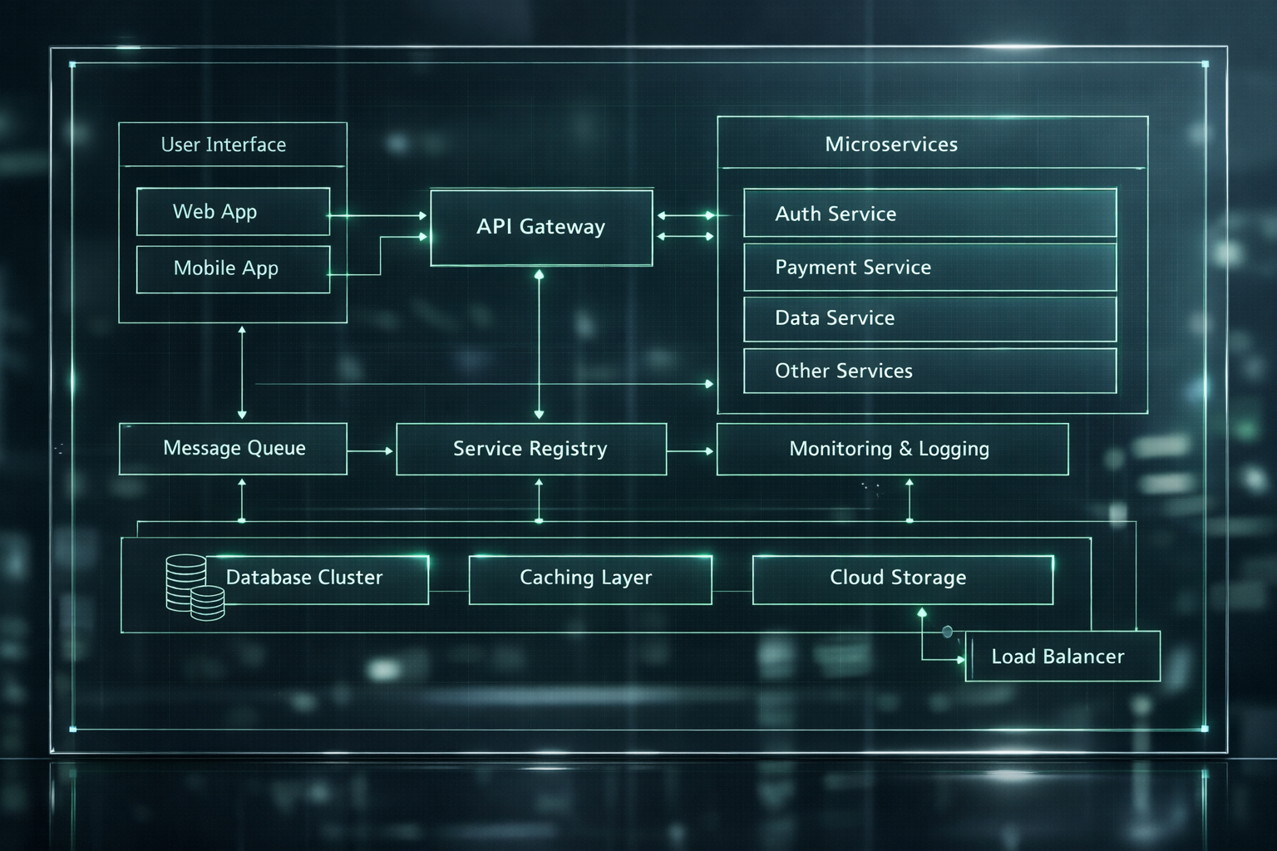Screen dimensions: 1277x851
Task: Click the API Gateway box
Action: point(541,228)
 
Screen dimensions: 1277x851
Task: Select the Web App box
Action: point(233,211)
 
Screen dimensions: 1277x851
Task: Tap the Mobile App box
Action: point(233,269)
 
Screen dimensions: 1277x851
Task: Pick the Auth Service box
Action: point(929,213)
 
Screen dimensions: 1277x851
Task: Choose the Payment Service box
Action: point(929,268)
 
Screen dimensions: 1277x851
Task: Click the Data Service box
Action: point(929,318)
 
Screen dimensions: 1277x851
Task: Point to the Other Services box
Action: point(929,371)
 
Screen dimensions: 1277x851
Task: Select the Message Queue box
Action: point(233,449)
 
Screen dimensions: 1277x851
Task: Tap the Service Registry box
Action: point(531,449)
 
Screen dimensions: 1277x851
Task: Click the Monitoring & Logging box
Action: point(892,449)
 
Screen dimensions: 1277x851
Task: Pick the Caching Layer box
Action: point(590,580)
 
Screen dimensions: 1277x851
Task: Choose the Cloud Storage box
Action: point(902,580)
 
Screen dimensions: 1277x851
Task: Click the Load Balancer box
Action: point(1063,656)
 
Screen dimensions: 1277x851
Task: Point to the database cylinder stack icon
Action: point(195,588)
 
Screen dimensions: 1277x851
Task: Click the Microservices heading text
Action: point(891,145)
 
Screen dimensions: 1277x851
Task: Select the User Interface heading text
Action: point(224,145)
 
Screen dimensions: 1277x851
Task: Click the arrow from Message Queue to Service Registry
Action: point(370,451)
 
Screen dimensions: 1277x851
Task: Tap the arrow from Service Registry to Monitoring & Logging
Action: point(690,451)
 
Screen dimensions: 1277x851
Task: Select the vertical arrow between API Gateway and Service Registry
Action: point(539,345)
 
